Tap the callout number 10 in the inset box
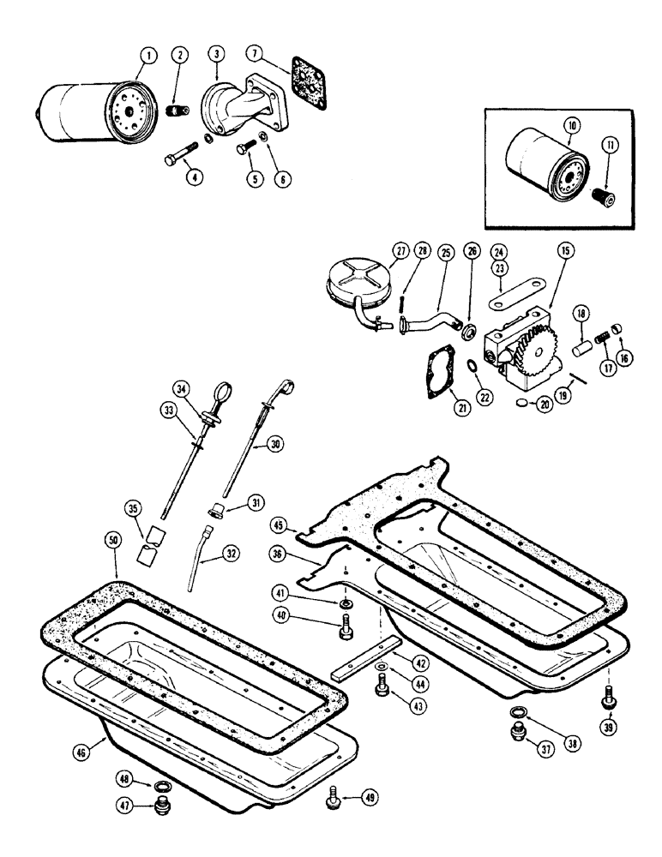click(572, 126)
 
